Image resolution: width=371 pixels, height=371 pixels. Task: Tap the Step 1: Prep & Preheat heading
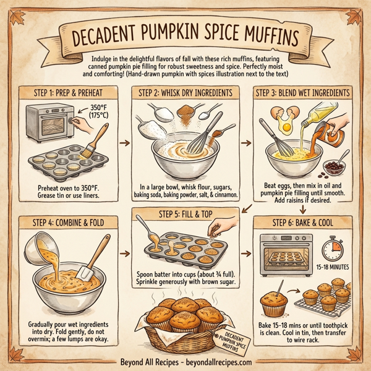coord(62,93)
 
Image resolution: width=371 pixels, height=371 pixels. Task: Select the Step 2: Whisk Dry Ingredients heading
coord(186,93)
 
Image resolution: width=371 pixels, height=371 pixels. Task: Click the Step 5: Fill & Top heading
coord(185,215)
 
